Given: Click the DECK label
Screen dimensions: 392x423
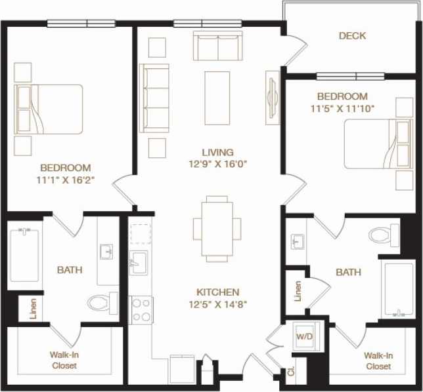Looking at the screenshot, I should [352, 36].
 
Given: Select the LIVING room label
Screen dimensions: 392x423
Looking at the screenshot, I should [218, 152].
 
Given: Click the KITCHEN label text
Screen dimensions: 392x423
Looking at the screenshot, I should [217, 292].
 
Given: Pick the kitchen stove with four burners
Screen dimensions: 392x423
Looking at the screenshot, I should [141, 309].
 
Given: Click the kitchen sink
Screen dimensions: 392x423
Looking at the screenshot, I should [139, 262].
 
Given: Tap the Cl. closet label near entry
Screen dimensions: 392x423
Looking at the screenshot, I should [290, 372].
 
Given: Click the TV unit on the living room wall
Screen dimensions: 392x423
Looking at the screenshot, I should [271, 96].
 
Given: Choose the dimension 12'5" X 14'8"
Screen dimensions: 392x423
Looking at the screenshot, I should [217, 304].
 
